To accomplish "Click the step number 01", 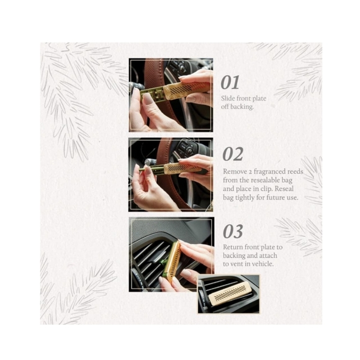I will [230, 83].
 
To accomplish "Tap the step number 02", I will [233, 155].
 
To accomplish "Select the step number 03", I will [233, 232].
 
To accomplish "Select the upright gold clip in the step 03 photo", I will [172, 261].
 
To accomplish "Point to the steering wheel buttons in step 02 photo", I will [186, 149].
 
